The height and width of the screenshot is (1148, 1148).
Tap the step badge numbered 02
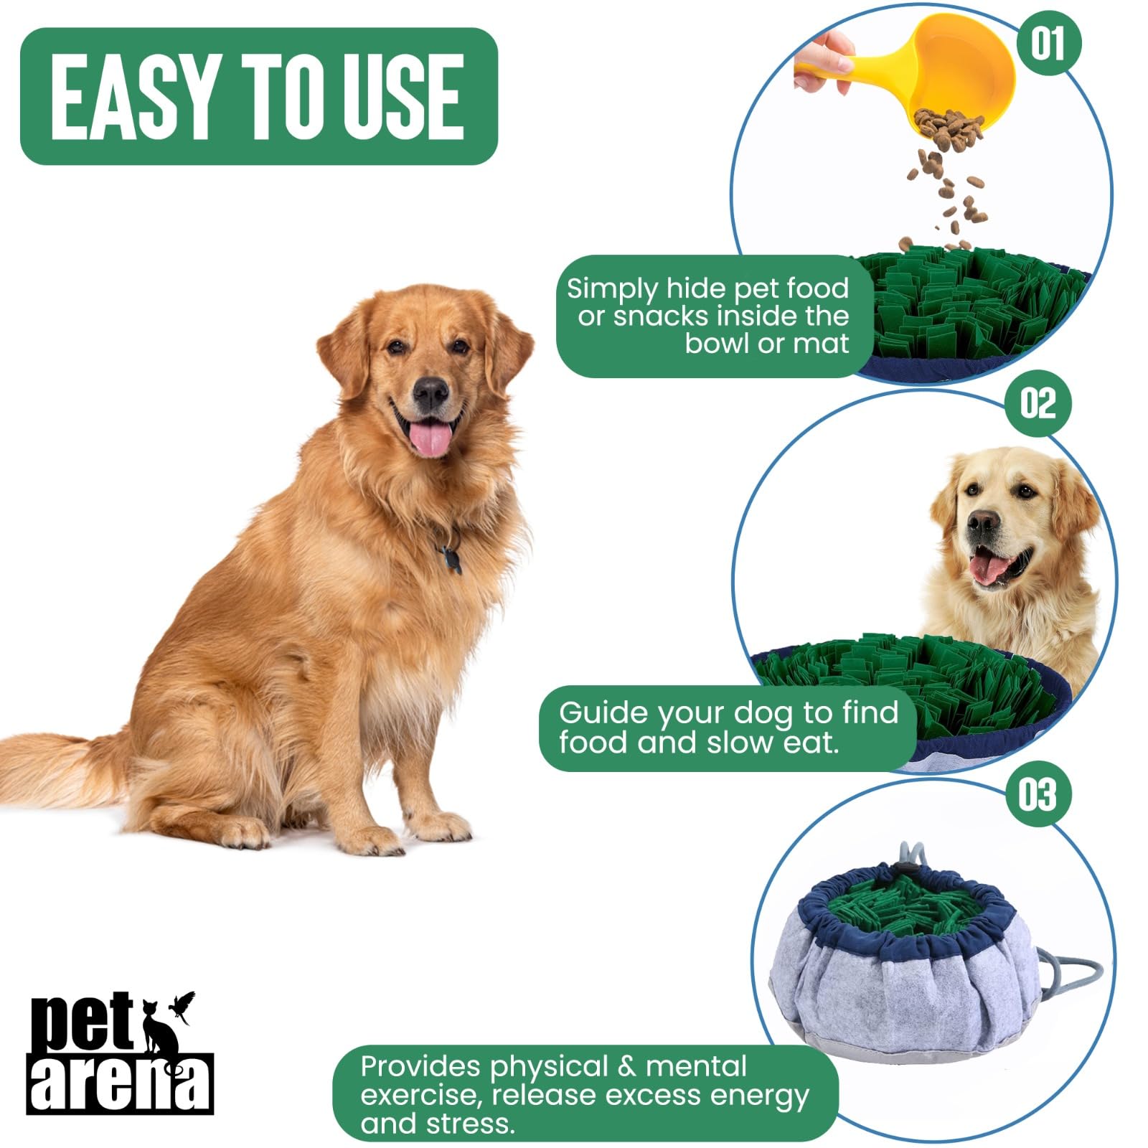[x=1038, y=403]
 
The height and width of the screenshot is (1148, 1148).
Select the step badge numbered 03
[x=1038, y=794]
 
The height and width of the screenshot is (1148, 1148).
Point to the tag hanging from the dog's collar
[x=450, y=558]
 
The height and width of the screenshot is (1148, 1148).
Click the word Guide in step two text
[x=603, y=713]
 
